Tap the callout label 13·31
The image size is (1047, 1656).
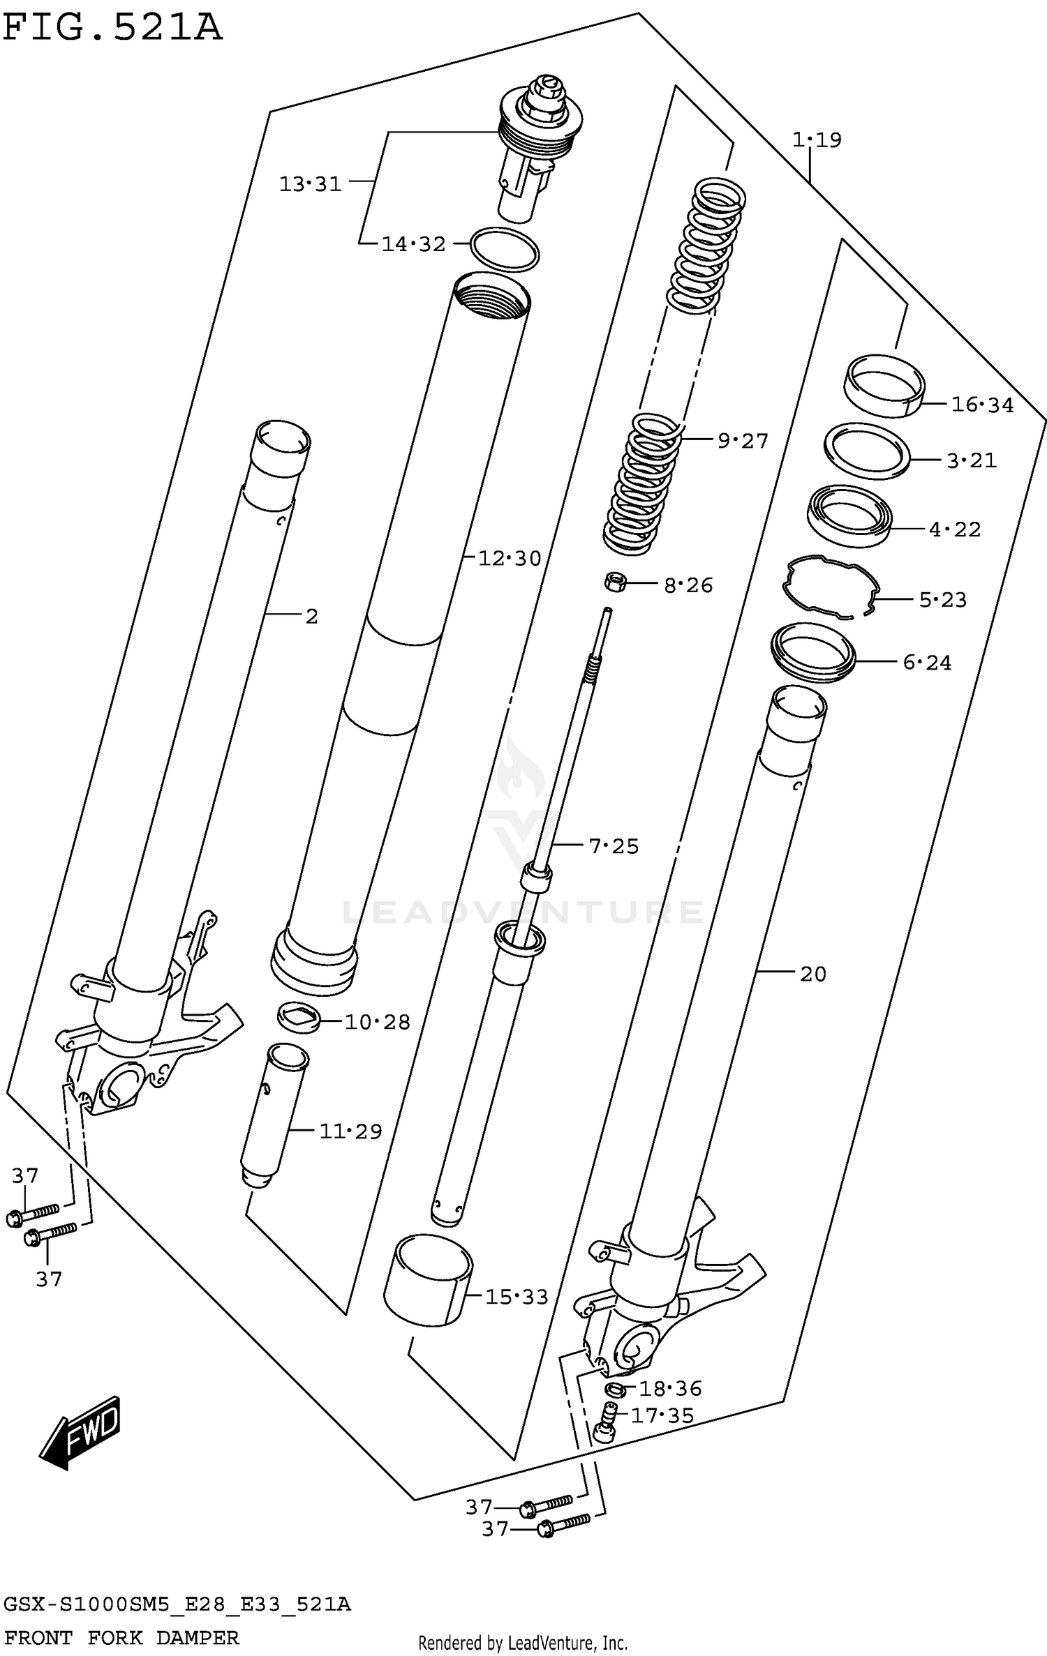(310, 184)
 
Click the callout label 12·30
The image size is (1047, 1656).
(510, 558)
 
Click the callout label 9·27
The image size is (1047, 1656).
(742, 441)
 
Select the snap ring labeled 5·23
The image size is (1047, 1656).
(829, 587)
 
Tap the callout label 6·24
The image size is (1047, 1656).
(927, 662)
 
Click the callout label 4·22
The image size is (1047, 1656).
(954, 529)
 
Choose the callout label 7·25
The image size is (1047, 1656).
(614, 846)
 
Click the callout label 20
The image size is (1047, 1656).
(812, 974)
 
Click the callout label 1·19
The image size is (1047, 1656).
(816, 140)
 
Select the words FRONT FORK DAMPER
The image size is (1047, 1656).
(121, 1637)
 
